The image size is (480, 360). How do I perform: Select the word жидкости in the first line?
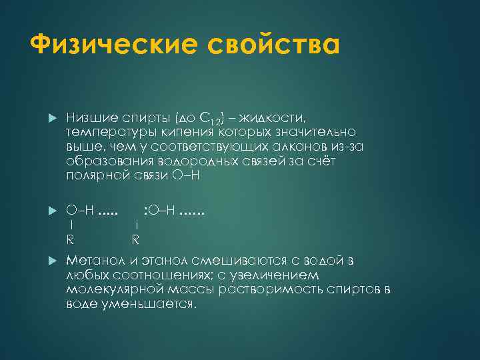point(273,118)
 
